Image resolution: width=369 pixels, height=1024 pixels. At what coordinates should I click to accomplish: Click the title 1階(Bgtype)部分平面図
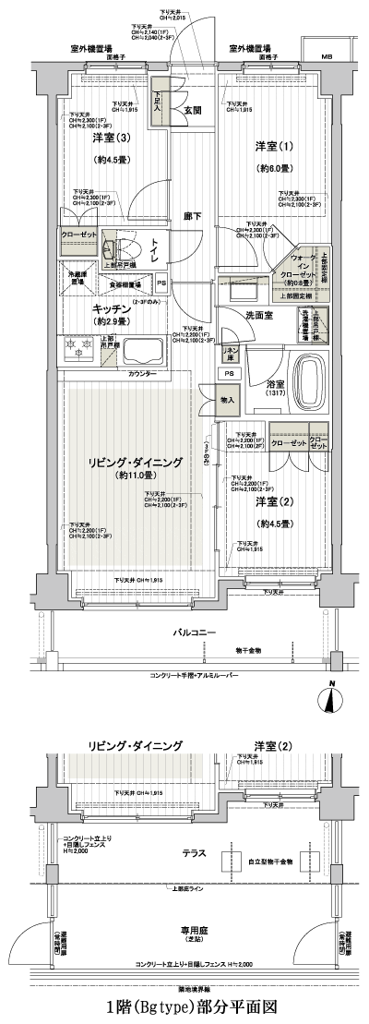[x=184, y=1005]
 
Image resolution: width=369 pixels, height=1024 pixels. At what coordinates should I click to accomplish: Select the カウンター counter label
[x=140, y=373]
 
